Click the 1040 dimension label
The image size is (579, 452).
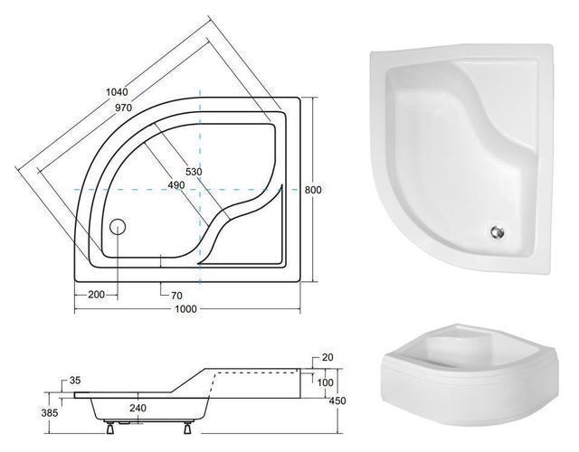click(x=117, y=92)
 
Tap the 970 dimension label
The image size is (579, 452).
click(x=123, y=108)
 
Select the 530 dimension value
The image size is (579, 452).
click(x=194, y=172)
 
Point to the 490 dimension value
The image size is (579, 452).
click(x=176, y=184)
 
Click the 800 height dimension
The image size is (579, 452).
click(x=313, y=190)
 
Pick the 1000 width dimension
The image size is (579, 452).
click(x=185, y=308)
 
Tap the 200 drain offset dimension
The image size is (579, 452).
click(x=97, y=295)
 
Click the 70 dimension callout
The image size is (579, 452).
click(x=176, y=296)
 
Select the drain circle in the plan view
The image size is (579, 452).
click(x=118, y=227)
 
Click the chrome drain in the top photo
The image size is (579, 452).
click(x=498, y=232)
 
